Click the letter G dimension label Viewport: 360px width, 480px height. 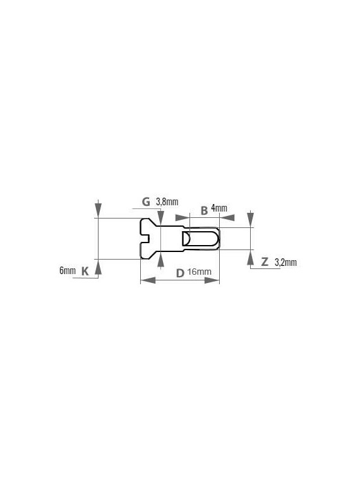tap(146, 201)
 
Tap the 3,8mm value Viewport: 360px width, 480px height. tap(167, 202)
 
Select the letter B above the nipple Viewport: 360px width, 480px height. tap(204, 210)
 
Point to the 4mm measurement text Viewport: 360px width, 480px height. tap(219, 208)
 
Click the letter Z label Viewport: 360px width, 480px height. tap(265, 261)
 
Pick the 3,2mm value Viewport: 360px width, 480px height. tap(285, 262)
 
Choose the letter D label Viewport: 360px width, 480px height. tap(180, 273)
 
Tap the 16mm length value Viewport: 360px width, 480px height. tap(199, 272)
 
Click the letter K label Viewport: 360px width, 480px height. tap(85, 271)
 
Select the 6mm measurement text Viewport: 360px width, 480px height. tap(68, 270)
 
